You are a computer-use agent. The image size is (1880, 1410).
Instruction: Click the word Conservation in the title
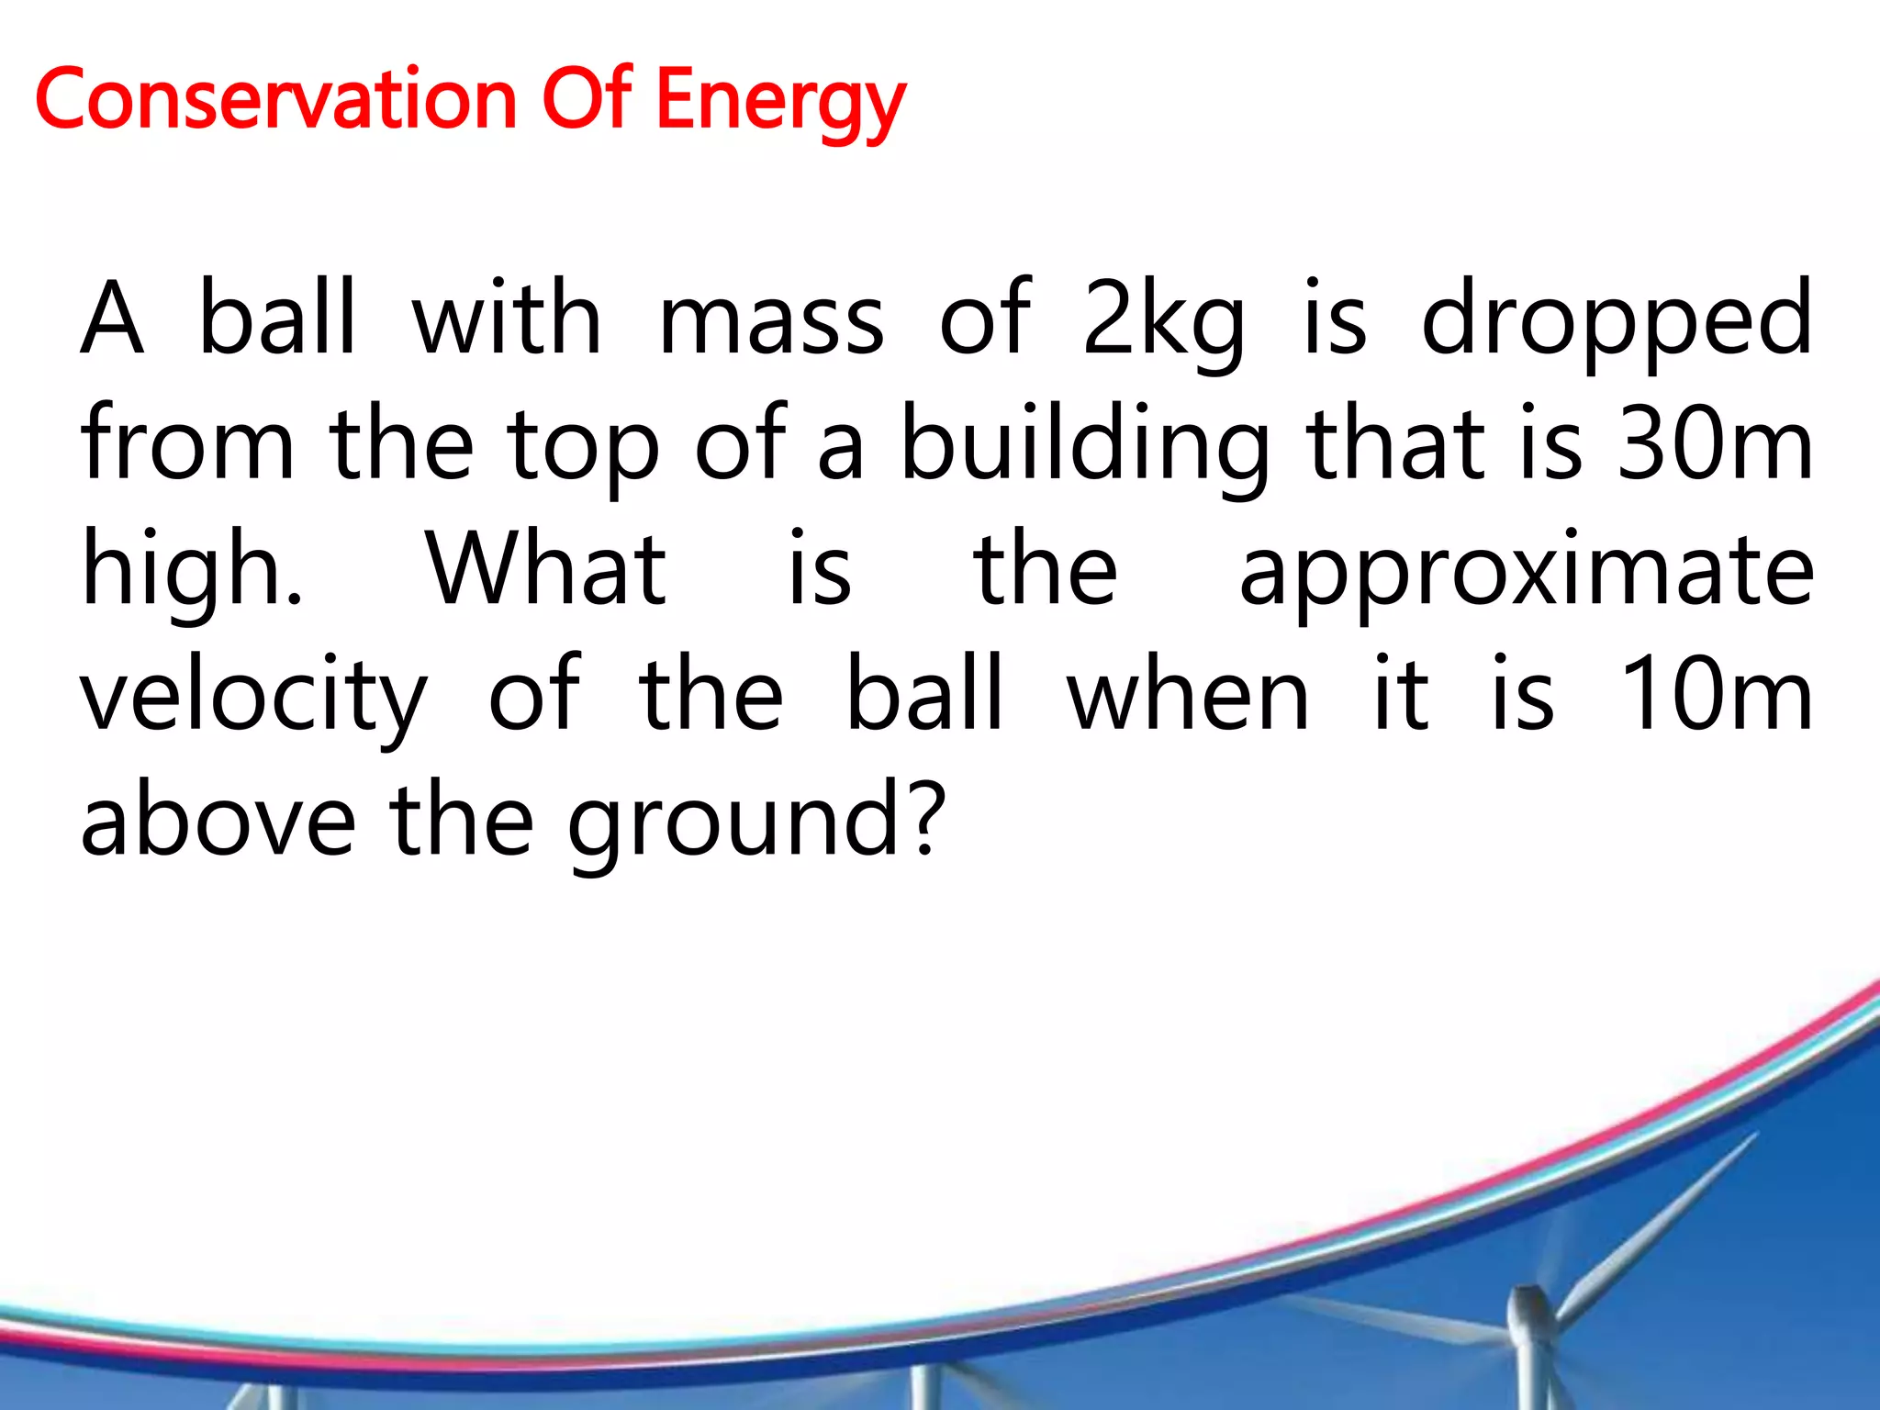pos(275,99)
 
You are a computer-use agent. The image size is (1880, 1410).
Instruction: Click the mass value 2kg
pos(1163,319)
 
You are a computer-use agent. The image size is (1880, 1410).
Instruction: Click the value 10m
pos(1715,695)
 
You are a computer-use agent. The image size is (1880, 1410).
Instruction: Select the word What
pos(546,569)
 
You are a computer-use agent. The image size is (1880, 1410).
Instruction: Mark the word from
pos(187,445)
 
